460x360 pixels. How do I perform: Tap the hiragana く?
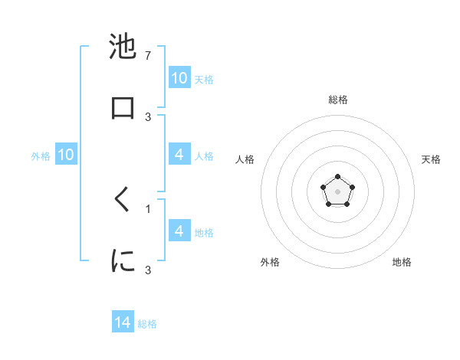coord(123,200)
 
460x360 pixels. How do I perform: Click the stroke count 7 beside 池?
coord(148,56)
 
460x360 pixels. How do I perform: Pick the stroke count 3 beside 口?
coord(148,116)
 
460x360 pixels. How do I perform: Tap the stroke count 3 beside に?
coord(148,270)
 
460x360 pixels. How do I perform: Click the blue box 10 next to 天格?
coord(179,78)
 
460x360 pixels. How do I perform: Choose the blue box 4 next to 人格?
coord(179,155)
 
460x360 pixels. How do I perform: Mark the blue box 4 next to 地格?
coord(179,231)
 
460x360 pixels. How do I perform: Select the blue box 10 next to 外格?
coord(66,155)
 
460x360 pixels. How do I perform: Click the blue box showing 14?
coord(123,323)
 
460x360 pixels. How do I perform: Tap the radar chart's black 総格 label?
coord(337,100)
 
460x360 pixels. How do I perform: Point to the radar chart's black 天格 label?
coord(431,159)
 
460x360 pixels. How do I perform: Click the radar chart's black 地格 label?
coord(402,262)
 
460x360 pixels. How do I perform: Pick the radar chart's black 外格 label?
coord(270,262)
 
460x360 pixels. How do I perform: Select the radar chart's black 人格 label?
coord(245,159)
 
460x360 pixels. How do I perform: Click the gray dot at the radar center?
coord(337,191)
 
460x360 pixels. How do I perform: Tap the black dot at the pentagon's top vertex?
coord(337,176)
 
